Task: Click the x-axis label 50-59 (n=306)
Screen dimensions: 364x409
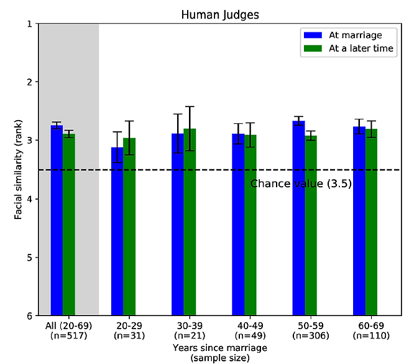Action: pos(305,331)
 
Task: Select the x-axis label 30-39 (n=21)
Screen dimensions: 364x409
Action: pos(183,331)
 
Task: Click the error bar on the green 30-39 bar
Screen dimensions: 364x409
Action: pos(190,128)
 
